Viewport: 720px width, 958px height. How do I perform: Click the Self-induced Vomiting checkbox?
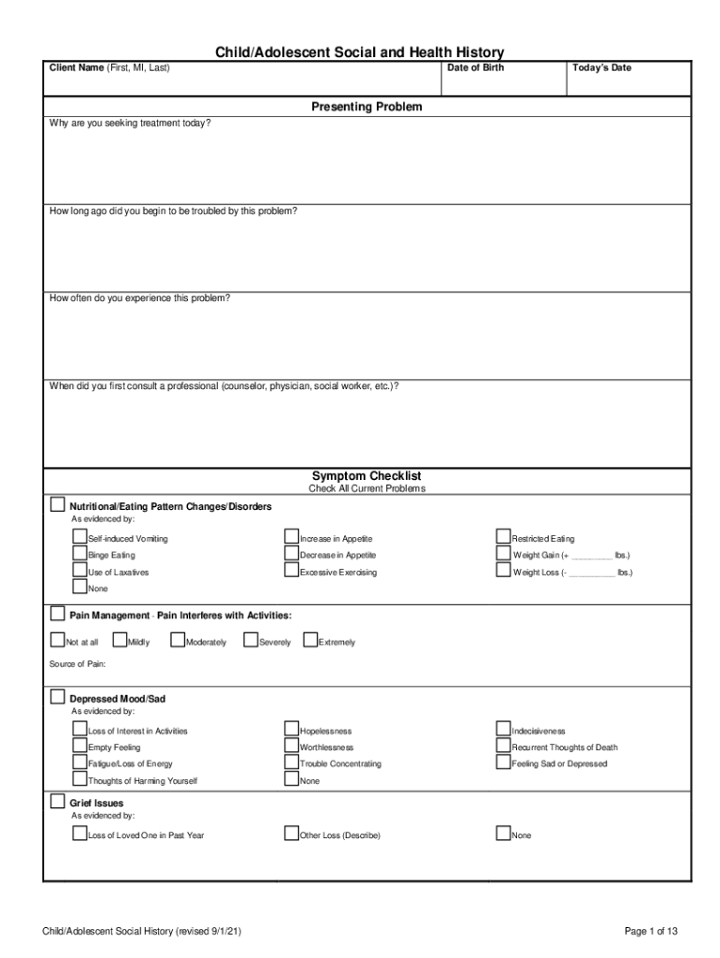pos(79,537)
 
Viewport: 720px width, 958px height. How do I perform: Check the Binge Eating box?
pos(79,554)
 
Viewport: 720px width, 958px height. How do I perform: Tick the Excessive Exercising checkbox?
pos(292,571)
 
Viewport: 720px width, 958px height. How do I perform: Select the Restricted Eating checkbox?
pos(504,537)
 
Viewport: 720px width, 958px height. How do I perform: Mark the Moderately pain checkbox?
pos(178,641)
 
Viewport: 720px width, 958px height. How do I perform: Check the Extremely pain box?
pos(310,641)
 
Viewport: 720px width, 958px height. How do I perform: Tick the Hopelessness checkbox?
pos(292,730)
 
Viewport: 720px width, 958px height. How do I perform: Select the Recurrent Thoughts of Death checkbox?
pos(504,747)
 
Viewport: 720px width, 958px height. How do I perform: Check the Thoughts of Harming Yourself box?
pos(79,779)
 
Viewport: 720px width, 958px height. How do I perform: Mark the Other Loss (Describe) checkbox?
pos(292,834)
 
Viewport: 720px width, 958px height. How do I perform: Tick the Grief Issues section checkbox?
pos(58,802)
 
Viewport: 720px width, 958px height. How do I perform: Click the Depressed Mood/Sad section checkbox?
pos(58,698)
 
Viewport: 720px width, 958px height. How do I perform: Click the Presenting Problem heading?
pos(367,107)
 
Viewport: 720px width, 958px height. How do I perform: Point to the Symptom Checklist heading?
pos(367,476)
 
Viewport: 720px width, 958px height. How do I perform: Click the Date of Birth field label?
pos(476,67)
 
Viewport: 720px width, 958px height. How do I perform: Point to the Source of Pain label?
pos(78,664)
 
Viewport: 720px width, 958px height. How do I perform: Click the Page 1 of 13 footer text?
pos(651,931)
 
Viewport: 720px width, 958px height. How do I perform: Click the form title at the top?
pos(360,52)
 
